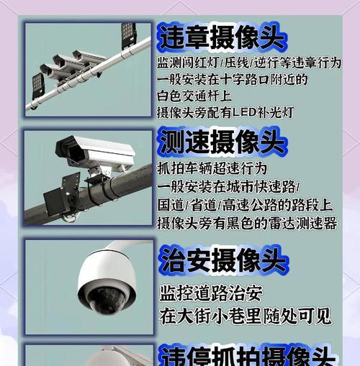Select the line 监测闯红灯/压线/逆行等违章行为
(x=249, y=63)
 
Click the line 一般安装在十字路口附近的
(x=232, y=79)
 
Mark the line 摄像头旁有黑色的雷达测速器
(x=247, y=224)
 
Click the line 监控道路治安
(x=211, y=293)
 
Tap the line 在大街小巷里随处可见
(x=245, y=316)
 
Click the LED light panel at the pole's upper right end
(x=128, y=33)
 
